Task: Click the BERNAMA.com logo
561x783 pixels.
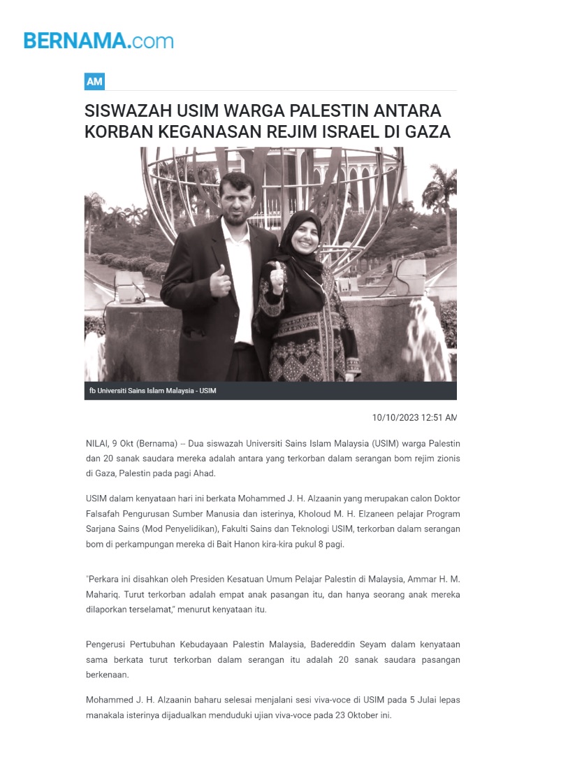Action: pyautogui.click(x=99, y=41)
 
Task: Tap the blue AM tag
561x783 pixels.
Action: pyautogui.click(x=94, y=82)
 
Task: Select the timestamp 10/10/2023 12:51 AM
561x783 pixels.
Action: pyautogui.click(x=414, y=417)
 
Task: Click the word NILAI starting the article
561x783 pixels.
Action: pyautogui.click(x=98, y=444)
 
